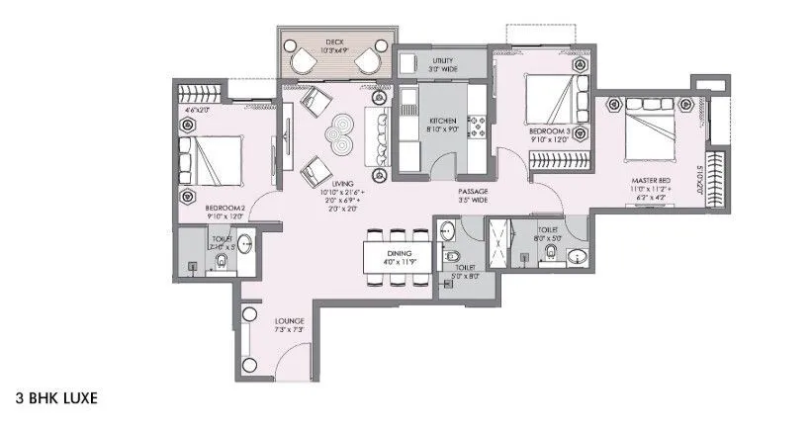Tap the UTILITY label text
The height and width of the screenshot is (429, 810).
tap(441, 60)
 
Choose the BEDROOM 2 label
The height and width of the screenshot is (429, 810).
tap(225, 208)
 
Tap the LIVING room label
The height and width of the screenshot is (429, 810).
tap(343, 182)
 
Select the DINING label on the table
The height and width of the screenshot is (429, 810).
tap(399, 254)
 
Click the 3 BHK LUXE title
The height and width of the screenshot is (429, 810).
tap(55, 400)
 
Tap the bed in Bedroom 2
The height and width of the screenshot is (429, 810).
tap(209, 159)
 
